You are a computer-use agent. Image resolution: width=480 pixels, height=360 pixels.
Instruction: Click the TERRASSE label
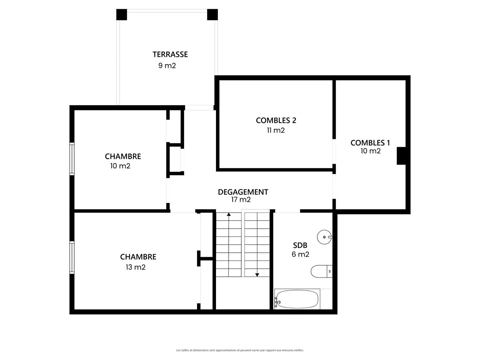[170, 54]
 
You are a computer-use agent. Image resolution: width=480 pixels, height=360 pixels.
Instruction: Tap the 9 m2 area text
[167, 66]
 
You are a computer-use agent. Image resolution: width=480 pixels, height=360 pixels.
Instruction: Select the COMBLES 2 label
[276, 120]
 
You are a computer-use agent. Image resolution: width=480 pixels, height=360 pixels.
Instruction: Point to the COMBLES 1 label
[370, 143]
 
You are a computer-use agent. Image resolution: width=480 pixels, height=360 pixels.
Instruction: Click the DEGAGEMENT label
[243, 192]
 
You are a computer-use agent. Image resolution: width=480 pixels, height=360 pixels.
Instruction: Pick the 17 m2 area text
[241, 200]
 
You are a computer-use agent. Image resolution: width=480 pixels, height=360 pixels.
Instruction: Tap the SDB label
[300, 245]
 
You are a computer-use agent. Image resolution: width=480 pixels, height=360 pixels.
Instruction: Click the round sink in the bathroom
[325, 237]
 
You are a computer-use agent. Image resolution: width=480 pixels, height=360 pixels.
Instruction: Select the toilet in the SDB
[321, 271]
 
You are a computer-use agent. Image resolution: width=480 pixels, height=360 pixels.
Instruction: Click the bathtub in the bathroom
[297, 299]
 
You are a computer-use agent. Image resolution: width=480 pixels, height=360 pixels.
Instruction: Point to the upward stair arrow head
[229, 214]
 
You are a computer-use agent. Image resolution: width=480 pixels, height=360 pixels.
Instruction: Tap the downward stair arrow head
[257, 275]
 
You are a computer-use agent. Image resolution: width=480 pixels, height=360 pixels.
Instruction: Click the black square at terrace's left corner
[122, 15]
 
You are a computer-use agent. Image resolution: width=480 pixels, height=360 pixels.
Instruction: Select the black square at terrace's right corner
[212, 15]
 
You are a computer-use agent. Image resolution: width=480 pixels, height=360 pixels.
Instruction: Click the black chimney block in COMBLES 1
[401, 156]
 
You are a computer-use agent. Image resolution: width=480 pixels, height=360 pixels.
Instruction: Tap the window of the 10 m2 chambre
[72, 159]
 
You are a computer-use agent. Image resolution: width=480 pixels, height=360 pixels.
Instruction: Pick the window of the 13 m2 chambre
[72, 257]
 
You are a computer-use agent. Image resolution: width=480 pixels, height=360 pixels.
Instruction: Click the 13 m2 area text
[136, 267]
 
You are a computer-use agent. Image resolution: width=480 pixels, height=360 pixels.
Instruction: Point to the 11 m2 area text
[276, 130]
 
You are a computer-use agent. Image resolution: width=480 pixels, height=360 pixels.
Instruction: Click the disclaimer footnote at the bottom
[240, 350]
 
